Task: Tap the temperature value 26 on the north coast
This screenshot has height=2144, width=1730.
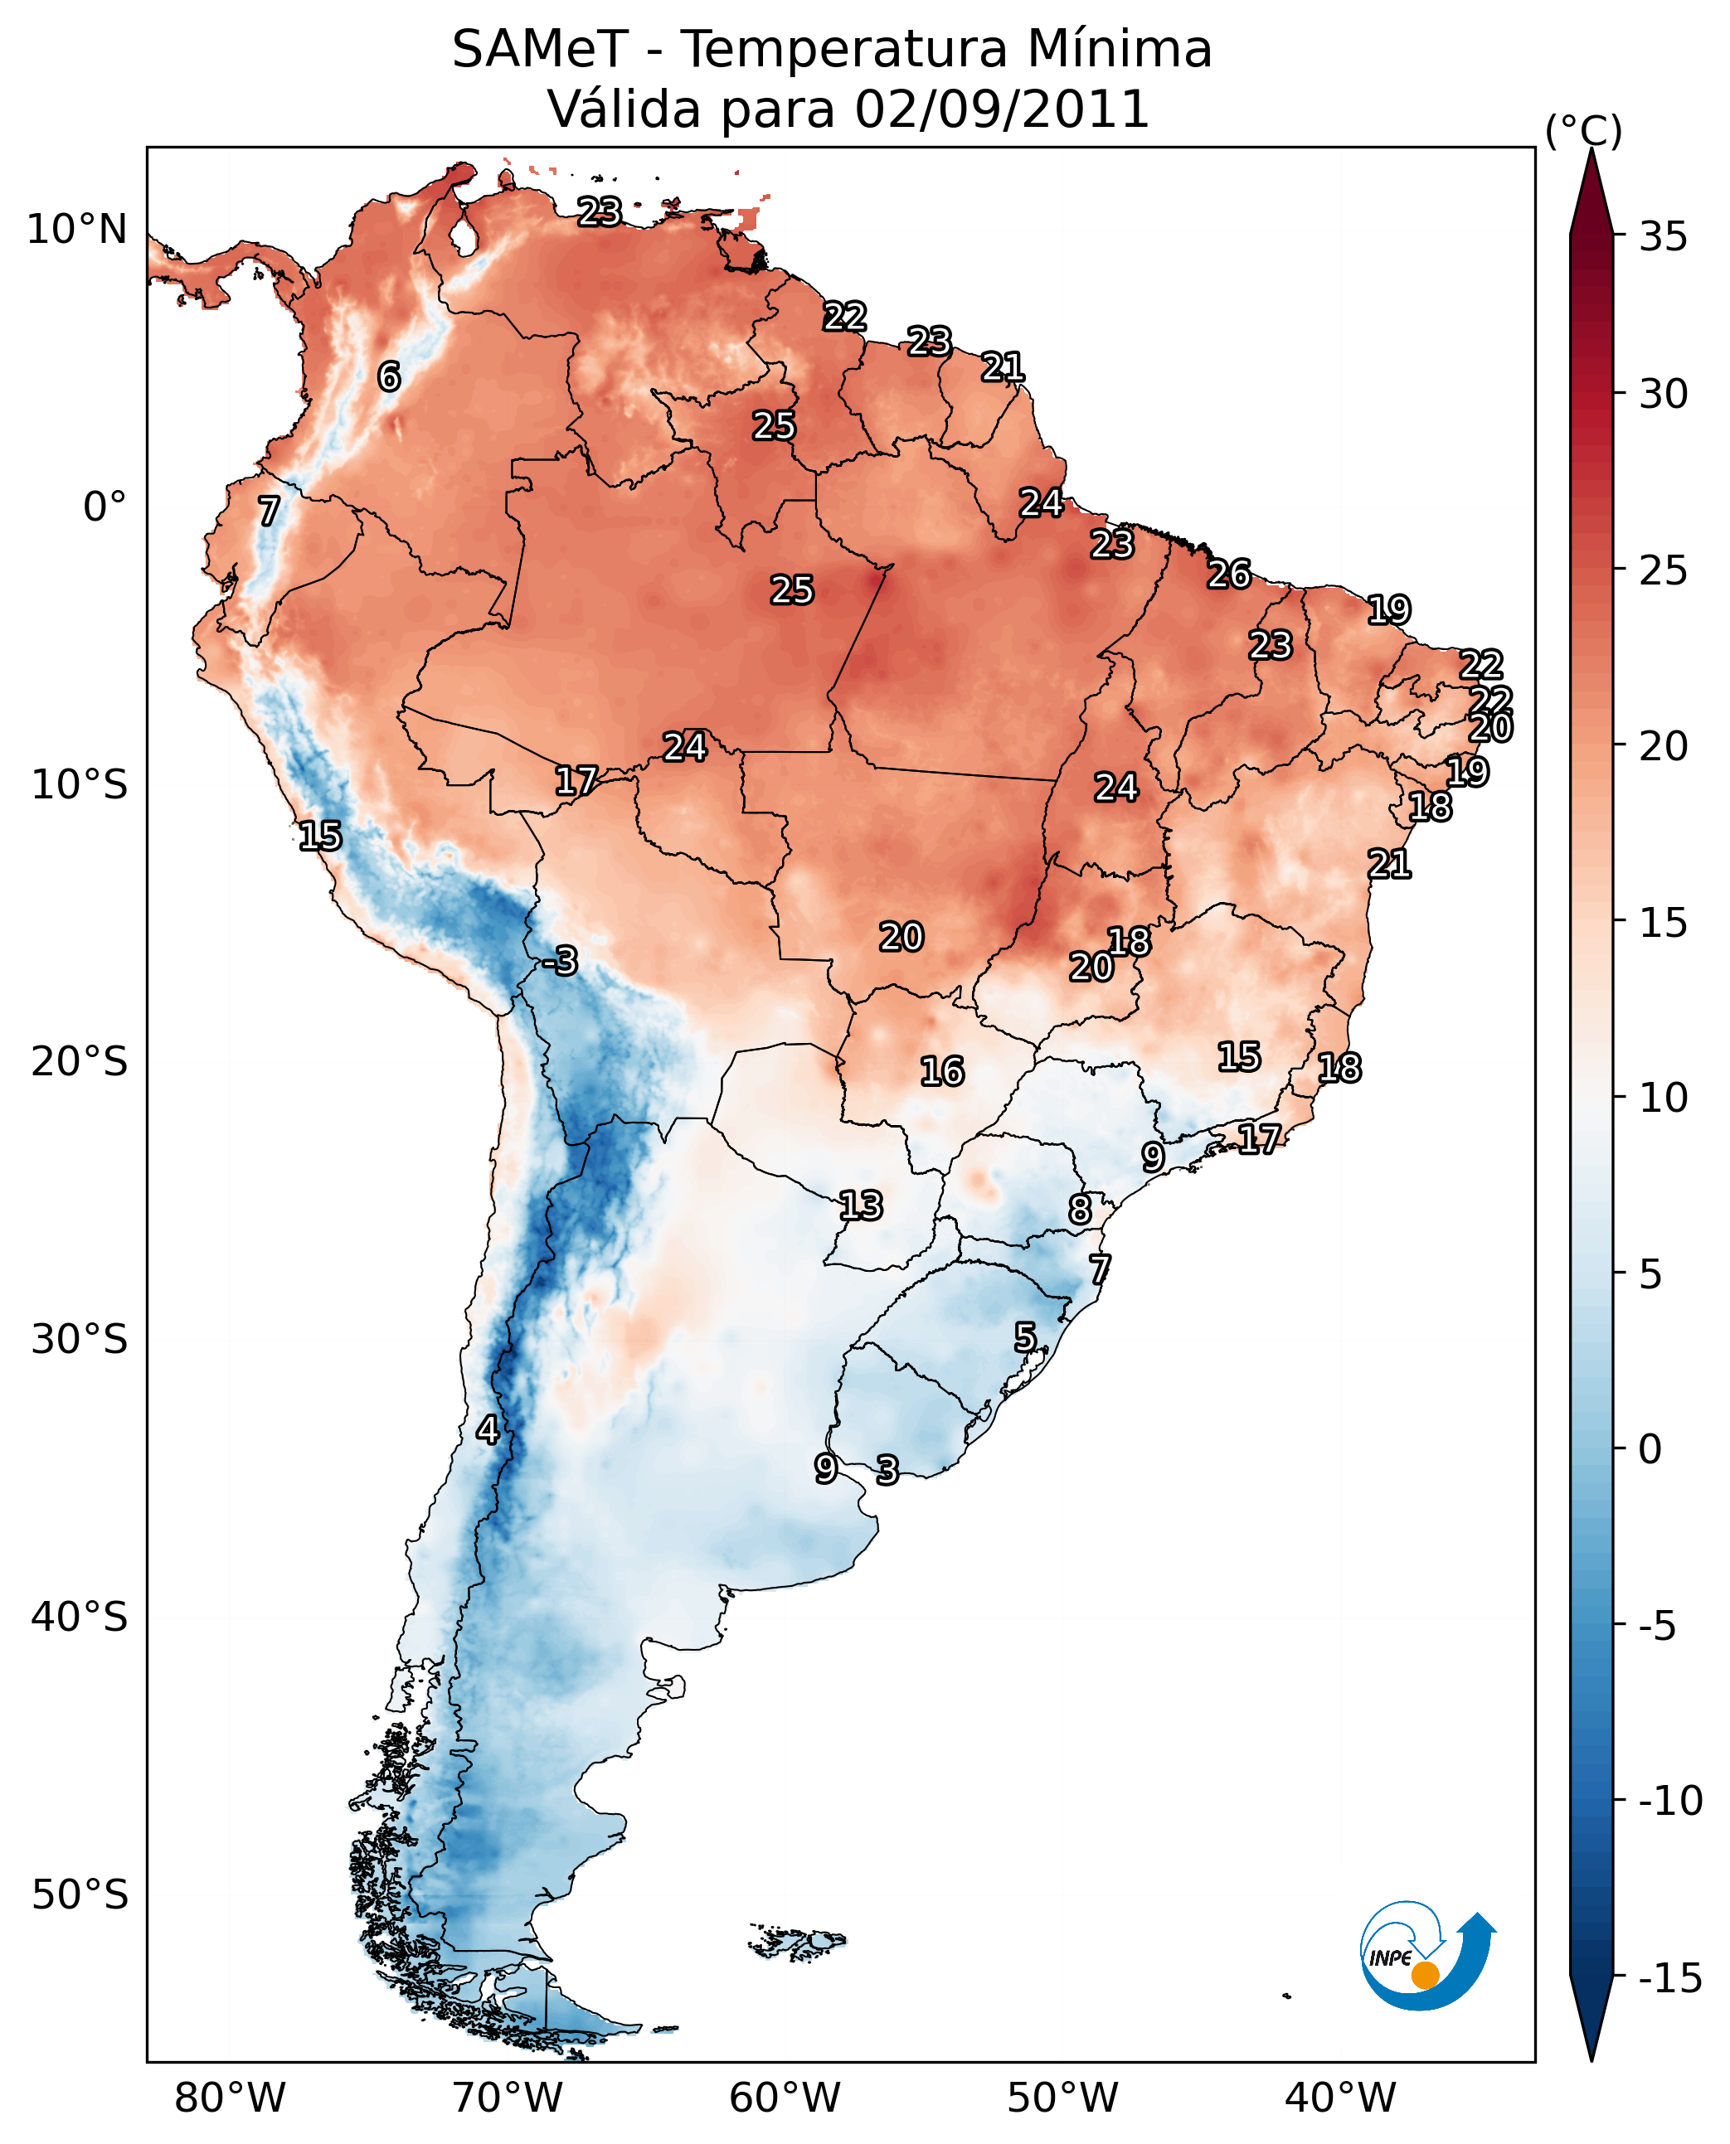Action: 1229,574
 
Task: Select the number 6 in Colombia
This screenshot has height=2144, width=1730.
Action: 389,376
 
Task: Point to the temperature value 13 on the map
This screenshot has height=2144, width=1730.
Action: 860,1205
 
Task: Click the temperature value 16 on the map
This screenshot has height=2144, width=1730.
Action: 942,1071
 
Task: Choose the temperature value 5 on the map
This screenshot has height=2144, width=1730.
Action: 1025,1337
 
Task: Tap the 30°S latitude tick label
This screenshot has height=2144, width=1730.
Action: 79,1338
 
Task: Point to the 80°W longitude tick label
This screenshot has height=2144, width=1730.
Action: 231,2096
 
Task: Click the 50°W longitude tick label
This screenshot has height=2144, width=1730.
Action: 1062,2096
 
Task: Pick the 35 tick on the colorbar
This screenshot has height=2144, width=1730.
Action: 1663,236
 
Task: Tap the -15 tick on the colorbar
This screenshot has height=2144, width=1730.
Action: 1670,1977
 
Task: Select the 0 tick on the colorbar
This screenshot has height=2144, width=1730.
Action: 1650,1448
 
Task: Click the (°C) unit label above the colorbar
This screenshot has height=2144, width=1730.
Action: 1583,130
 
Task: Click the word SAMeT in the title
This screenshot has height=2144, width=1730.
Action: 540,49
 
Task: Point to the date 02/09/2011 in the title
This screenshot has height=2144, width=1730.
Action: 1002,109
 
